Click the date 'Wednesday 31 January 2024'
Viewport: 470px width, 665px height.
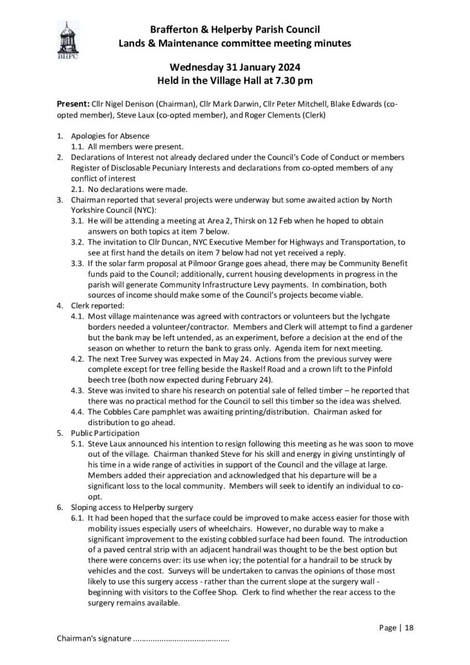click(x=235, y=68)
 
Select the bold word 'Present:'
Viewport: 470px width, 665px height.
click(x=74, y=104)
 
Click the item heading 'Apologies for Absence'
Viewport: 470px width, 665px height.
click(x=110, y=136)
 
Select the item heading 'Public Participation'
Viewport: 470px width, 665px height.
click(x=105, y=433)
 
